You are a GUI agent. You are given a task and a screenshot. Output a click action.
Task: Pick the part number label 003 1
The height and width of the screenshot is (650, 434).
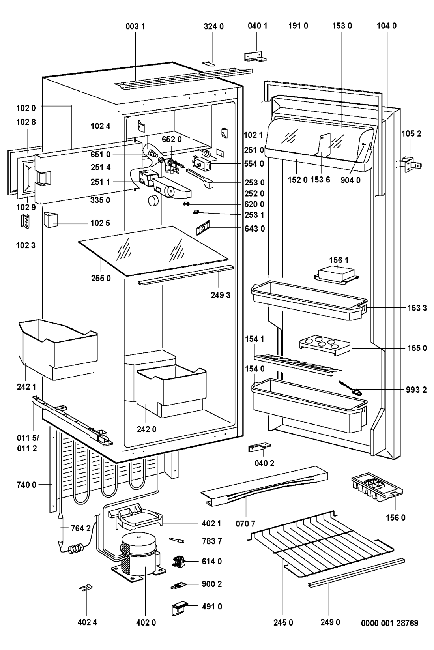tap(135, 26)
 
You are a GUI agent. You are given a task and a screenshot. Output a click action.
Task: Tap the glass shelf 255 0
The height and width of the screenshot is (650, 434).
tap(153, 249)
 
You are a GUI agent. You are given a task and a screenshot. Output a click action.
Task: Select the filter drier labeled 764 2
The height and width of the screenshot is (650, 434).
tap(62, 528)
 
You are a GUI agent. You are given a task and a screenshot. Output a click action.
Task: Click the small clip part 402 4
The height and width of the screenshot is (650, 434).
tap(86, 588)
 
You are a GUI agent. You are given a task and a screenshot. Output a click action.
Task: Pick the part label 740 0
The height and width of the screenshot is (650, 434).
tap(26, 485)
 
